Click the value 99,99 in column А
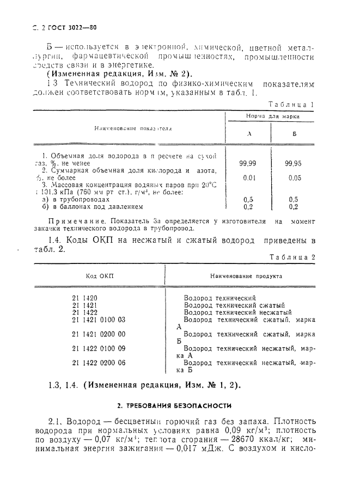tap(248, 162)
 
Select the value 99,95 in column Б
tap(294, 162)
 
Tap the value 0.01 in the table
tap(248, 177)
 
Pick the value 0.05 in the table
tap(294, 177)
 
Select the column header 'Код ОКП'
tap(99, 276)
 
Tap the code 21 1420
tap(84, 298)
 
